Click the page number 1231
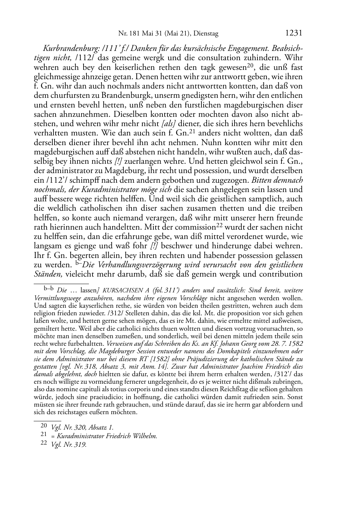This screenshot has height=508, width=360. [x=294, y=33]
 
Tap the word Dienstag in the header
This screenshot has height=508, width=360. [x=206, y=34]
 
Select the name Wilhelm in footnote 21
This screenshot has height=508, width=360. [x=146, y=436]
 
